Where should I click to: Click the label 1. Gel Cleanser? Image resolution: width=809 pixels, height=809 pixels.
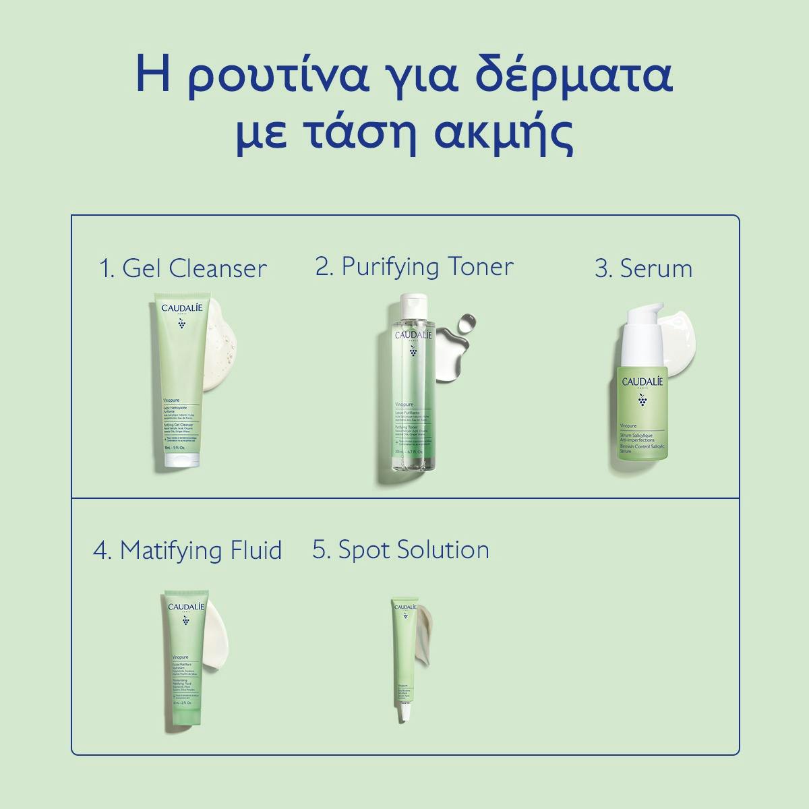pos(183,268)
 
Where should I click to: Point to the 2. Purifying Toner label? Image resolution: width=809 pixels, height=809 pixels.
pos(414,266)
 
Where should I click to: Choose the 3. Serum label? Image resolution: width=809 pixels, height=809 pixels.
pos(643,268)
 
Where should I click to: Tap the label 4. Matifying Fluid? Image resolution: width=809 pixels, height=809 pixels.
pos(187,550)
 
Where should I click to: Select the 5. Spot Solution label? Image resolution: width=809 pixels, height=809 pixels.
pos(400,549)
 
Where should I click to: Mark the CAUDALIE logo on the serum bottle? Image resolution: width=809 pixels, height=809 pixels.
pos(642,382)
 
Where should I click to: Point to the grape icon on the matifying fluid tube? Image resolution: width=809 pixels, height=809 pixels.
pos(185,620)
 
